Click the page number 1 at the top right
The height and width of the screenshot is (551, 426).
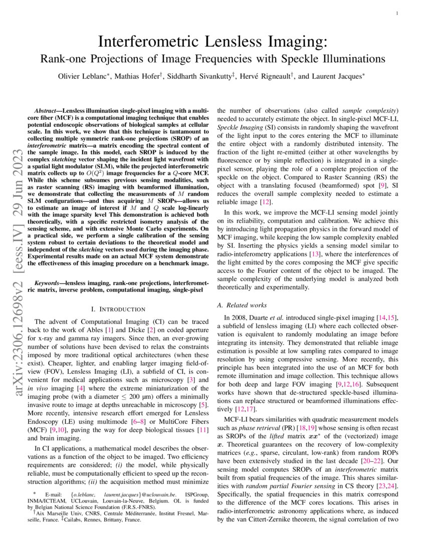click(x=397, y=14)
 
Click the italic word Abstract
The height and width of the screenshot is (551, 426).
click(x=47, y=110)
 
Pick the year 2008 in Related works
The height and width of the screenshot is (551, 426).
click(x=240, y=317)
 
